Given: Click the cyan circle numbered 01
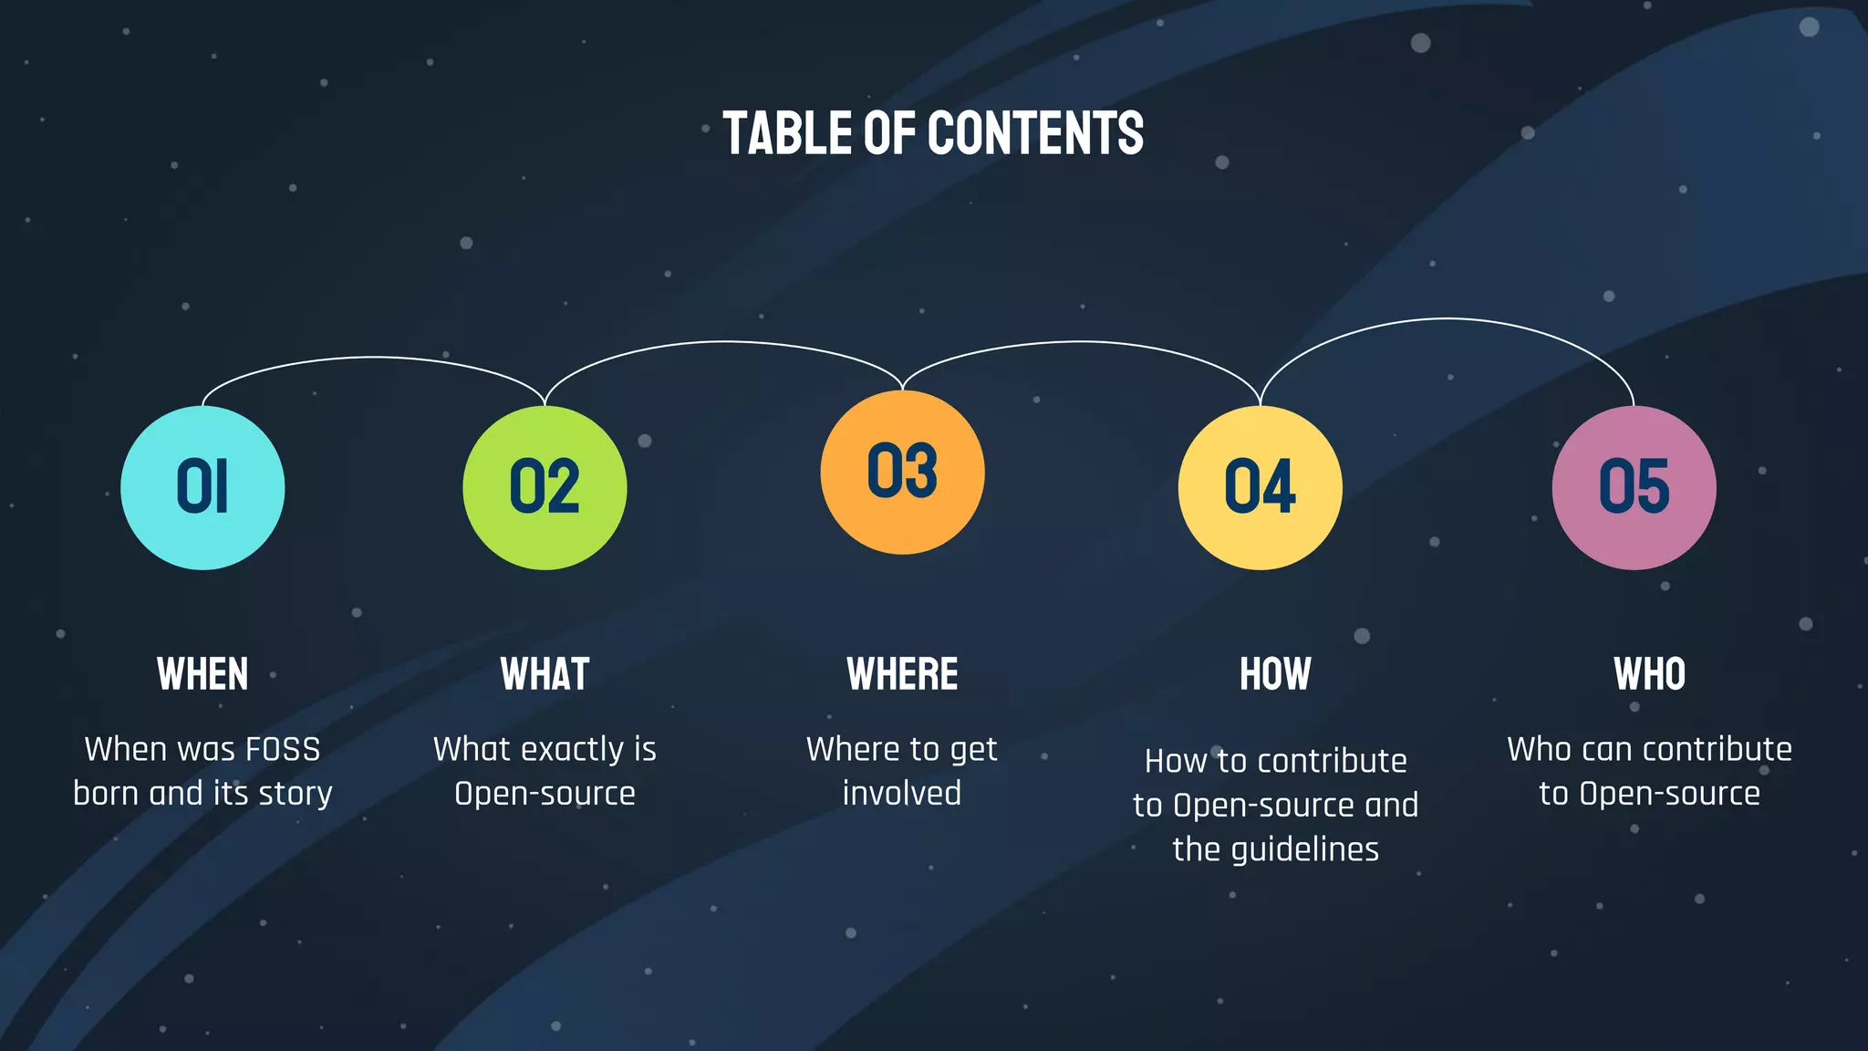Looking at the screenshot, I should click(202, 488).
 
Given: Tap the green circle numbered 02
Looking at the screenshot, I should click(545, 488).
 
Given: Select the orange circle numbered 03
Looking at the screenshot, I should click(902, 473).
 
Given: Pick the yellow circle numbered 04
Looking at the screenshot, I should click(1260, 488).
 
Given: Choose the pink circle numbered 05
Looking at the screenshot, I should click(1634, 488).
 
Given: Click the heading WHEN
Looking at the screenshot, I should click(202, 675).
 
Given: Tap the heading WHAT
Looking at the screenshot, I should click(545, 675).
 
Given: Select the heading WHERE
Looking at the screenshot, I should click(902, 675).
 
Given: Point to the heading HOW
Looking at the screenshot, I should click(1275, 675).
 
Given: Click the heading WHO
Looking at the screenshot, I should click(1649, 675).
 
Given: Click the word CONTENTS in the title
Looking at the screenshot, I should click(1035, 133).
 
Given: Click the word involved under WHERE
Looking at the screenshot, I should click(901, 794).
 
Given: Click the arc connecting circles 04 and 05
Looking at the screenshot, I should click(1447, 318).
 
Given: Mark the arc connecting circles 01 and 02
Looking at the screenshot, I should click(372, 358).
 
